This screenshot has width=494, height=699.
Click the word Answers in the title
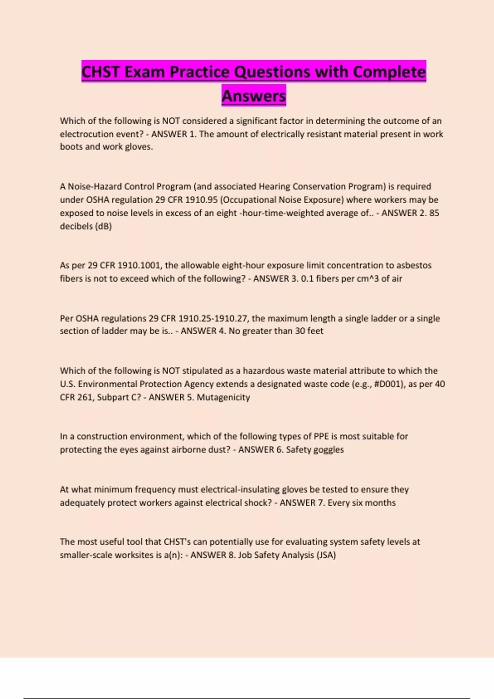coord(254,96)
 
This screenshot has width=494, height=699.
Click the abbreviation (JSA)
coord(326,555)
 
